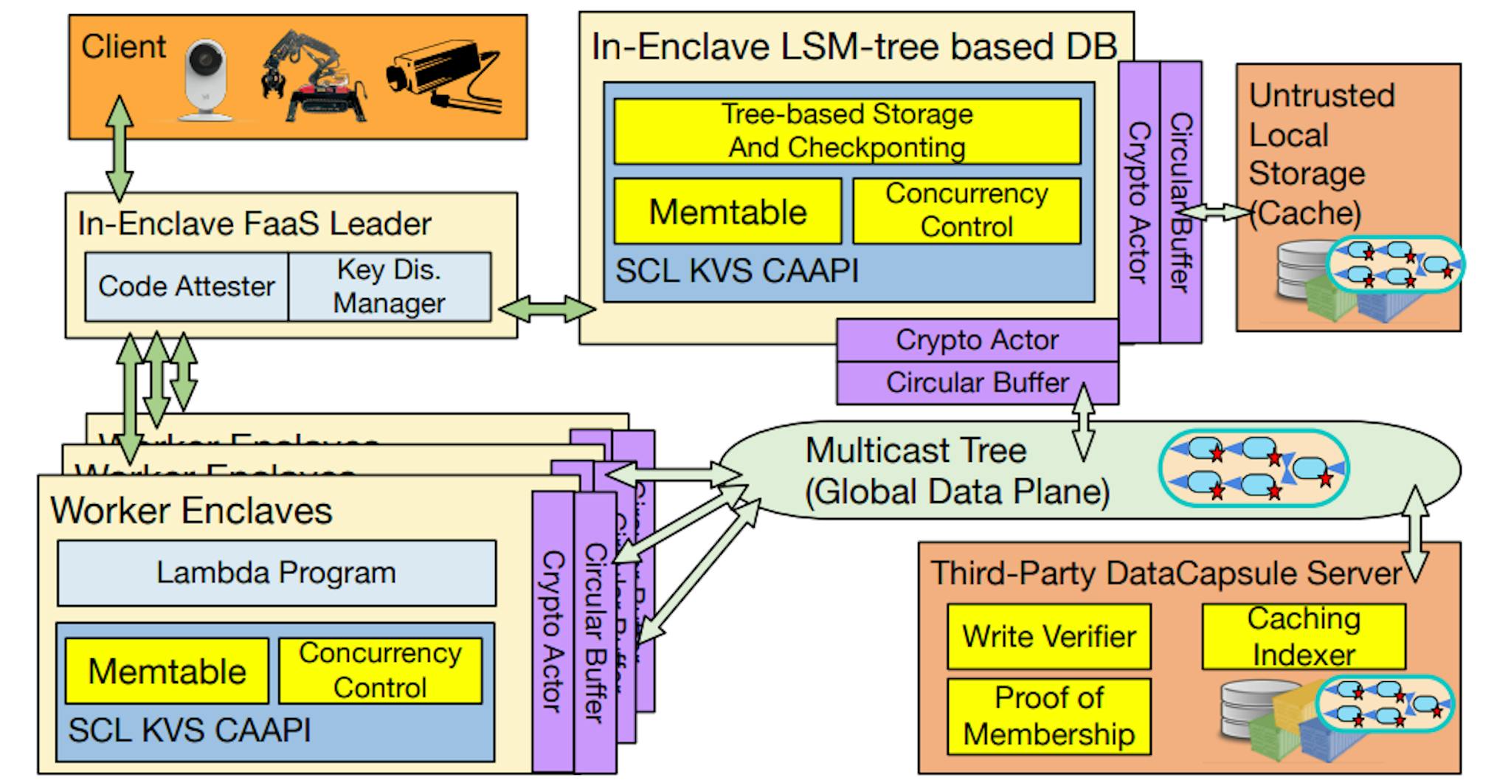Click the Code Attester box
pyautogui.click(x=186, y=286)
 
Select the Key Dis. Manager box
pyautogui.click(x=389, y=286)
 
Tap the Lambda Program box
pyautogui.click(x=276, y=573)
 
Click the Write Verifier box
pyautogui.click(x=1048, y=636)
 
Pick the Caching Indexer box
pyautogui.click(x=1303, y=636)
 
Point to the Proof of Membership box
pyautogui.click(x=1048, y=716)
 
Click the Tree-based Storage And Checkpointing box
pyautogui.click(x=847, y=131)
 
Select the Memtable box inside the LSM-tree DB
pyautogui.click(x=727, y=211)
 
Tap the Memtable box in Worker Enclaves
pyautogui.click(x=167, y=671)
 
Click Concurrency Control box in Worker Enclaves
pyautogui.click(x=380, y=671)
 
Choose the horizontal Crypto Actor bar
pyautogui.click(x=976, y=340)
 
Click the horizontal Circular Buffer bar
pyautogui.click(x=976, y=383)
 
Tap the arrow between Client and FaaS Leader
pyautogui.click(x=120, y=148)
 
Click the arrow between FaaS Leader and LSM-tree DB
pyautogui.click(x=547, y=308)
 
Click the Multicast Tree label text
pyautogui.click(x=915, y=450)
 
